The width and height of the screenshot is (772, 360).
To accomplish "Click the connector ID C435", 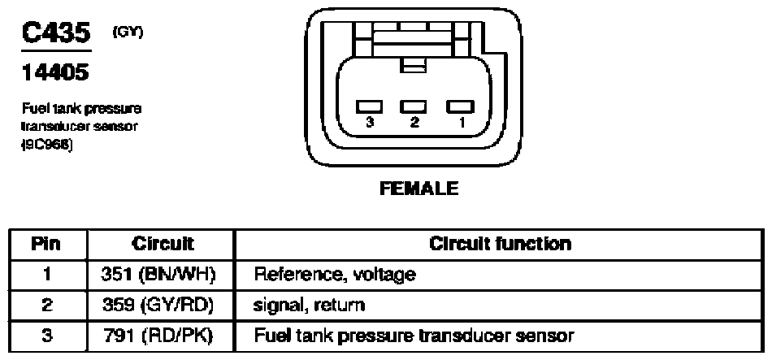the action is coord(56,33).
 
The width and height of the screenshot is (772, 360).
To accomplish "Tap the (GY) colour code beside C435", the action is coord(128,33).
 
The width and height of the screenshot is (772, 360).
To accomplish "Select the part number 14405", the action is coord(55,73).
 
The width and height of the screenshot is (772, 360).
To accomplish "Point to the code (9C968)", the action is coord(47,147).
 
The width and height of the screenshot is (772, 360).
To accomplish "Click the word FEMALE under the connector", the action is coord(419,189).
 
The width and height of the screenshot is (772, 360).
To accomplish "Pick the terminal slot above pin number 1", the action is coord(460,106).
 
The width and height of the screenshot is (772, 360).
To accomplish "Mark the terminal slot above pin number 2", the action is coord(414,106).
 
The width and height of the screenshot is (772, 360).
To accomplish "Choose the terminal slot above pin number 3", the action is coord(370,106).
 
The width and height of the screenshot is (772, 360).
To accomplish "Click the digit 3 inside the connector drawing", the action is coord(370,124).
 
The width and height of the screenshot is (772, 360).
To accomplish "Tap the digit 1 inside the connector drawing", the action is coord(461,124).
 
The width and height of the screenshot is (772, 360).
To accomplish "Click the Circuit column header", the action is coord(163,244).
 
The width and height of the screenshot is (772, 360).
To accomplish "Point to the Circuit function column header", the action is coord(501,244).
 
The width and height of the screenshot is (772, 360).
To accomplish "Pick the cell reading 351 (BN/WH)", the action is coord(158,275).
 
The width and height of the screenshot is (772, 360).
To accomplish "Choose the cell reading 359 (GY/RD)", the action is coord(158,306).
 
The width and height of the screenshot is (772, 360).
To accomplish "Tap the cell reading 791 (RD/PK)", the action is coord(158,336).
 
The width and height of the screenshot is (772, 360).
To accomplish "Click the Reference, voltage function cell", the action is coord(335,275).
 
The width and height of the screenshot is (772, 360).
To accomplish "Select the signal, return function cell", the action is coord(309,306).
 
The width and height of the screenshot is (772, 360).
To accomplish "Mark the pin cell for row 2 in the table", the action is coord(47,306).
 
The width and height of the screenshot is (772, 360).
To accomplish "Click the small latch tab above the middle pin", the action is coord(413,65).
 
